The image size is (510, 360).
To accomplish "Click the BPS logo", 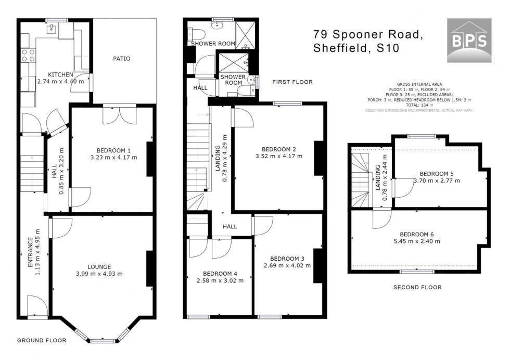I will click(x=469, y=40).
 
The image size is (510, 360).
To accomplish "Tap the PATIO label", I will click(x=122, y=59).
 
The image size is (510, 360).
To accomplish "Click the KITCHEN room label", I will click(x=60, y=74).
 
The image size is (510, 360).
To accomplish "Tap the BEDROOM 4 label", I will click(x=220, y=274).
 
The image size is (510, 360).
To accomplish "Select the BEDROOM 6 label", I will click(x=417, y=234).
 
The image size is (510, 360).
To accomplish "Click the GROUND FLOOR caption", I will click(x=42, y=341).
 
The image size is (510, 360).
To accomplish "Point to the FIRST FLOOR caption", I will click(x=292, y=82).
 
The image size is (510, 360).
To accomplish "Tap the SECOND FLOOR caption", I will click(x=417, y=287).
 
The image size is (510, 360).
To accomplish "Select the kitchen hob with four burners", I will click(x=28, y=55).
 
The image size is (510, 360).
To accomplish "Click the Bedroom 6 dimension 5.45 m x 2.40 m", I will click(x=417, y=241).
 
